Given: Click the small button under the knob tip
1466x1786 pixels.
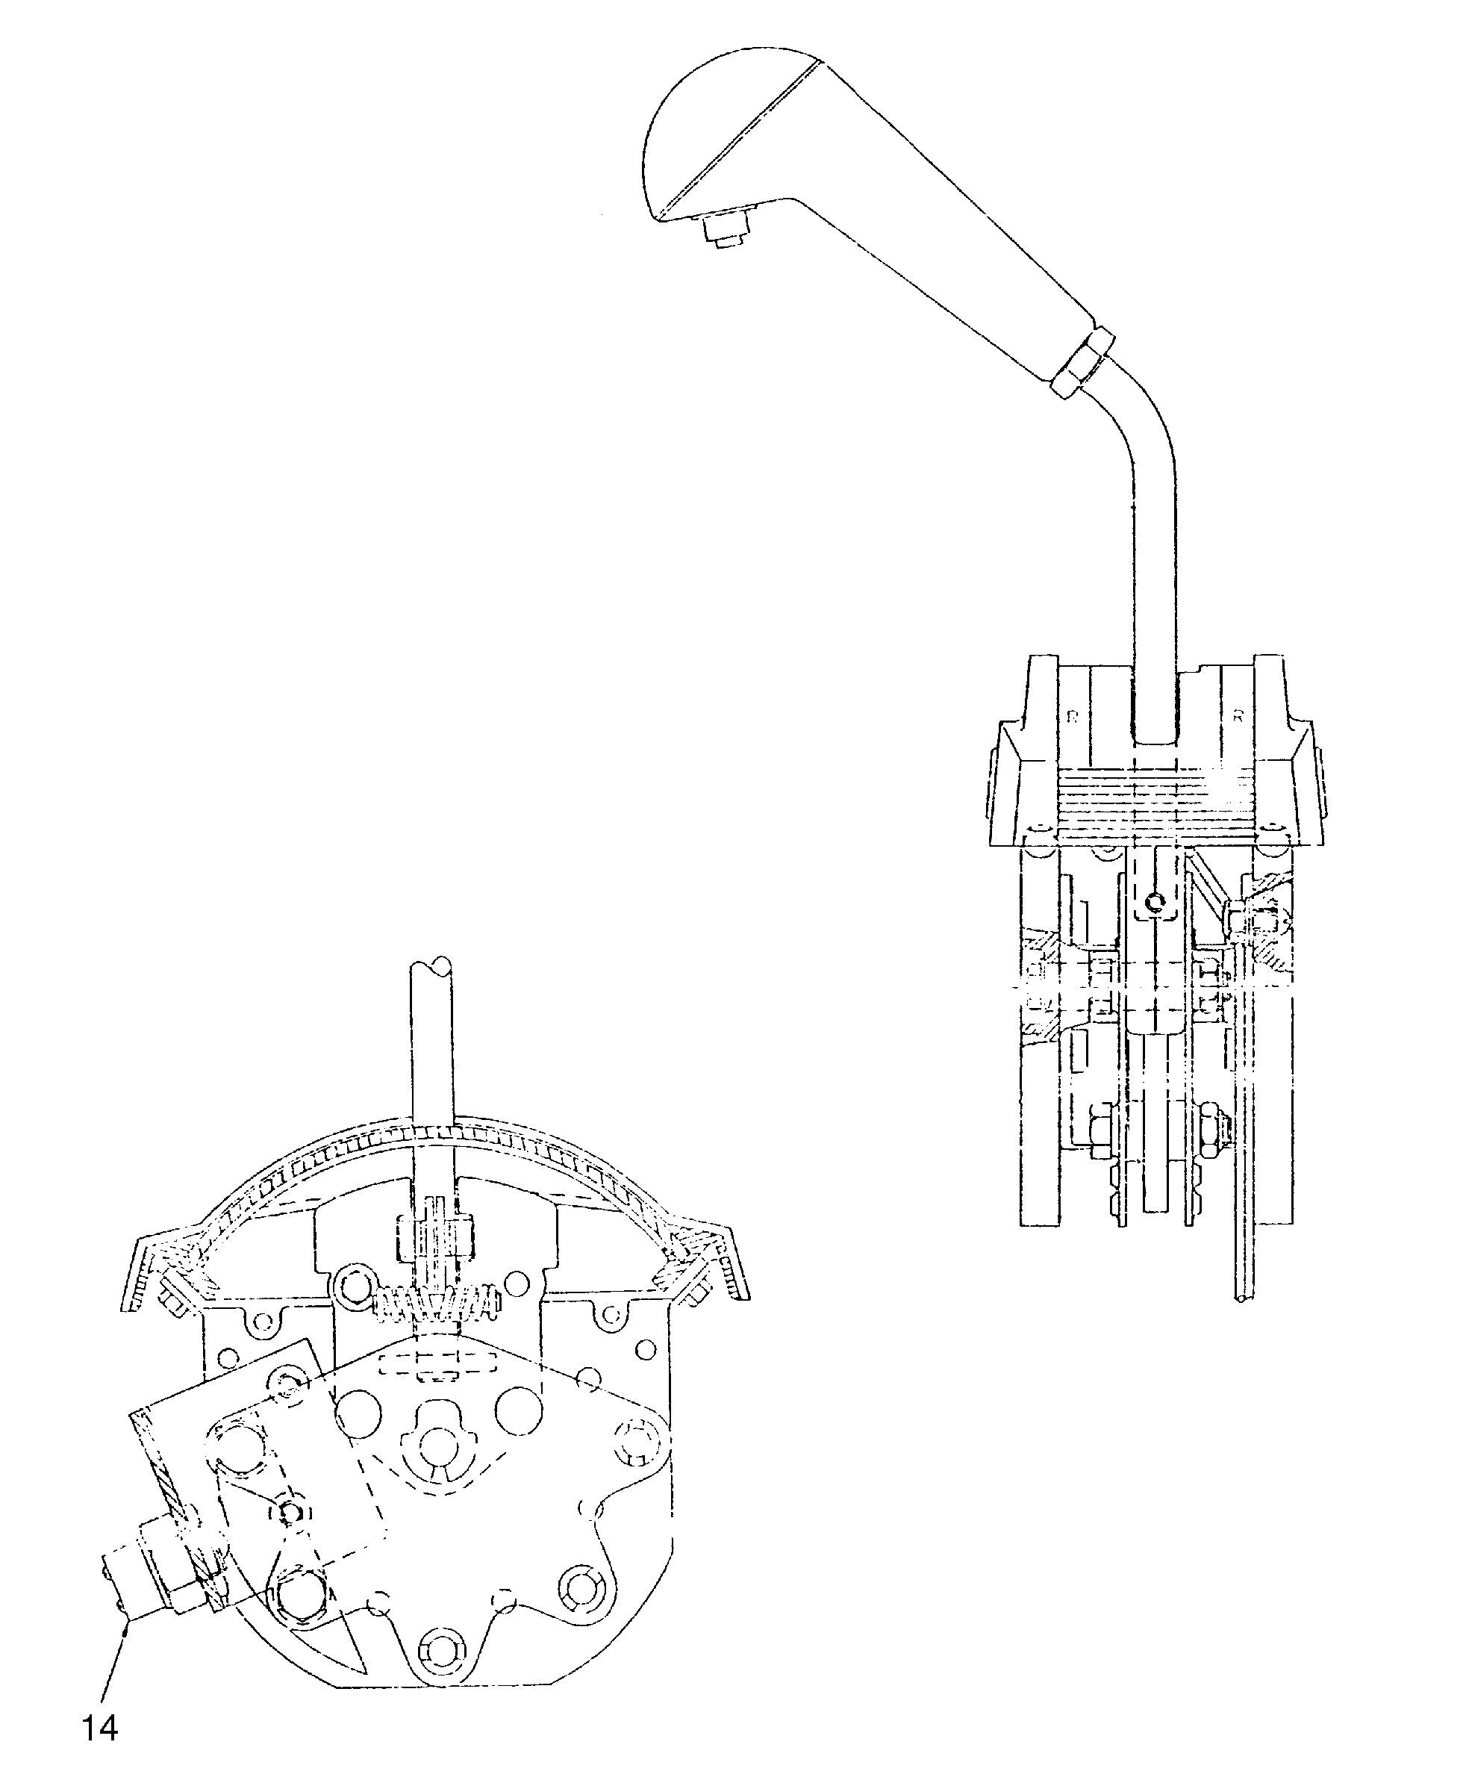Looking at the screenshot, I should (724, 230).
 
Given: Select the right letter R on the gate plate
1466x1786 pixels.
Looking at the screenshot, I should (1237, 717).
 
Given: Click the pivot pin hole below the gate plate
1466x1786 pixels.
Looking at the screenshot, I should (1155, 905).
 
